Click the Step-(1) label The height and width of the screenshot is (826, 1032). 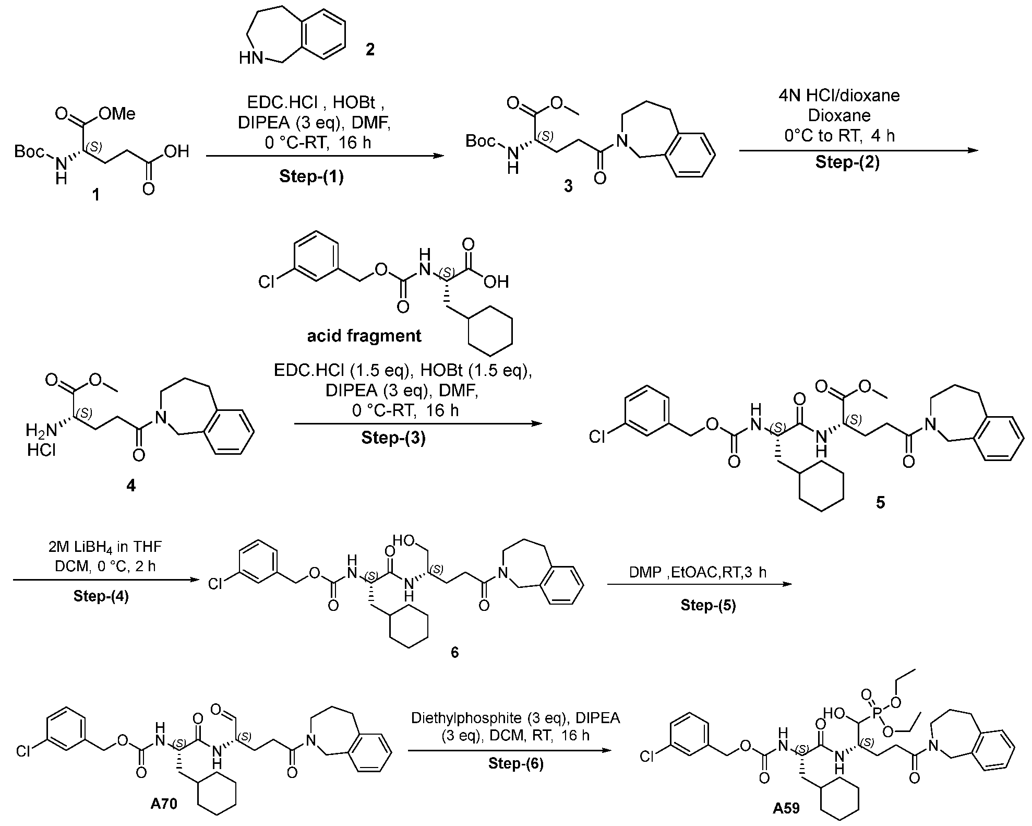point(311,177)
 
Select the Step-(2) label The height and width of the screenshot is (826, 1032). point(847,162)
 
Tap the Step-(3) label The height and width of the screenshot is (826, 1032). point(393,438)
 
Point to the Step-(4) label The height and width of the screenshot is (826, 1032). point(101,596)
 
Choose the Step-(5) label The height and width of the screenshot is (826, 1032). point(708,605)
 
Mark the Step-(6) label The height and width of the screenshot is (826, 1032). point(515,764)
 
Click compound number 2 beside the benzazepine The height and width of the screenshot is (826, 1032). point(369,51)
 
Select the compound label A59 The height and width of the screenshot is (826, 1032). point(786,808)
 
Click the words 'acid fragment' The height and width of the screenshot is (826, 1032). point(364,335)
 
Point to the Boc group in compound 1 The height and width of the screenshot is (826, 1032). point(30,151)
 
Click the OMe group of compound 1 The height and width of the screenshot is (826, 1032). point(117,113)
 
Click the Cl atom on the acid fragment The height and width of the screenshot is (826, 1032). point(266,282)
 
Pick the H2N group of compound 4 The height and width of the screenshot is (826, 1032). point(41,431)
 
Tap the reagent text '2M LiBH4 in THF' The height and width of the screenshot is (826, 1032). point(105,547)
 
